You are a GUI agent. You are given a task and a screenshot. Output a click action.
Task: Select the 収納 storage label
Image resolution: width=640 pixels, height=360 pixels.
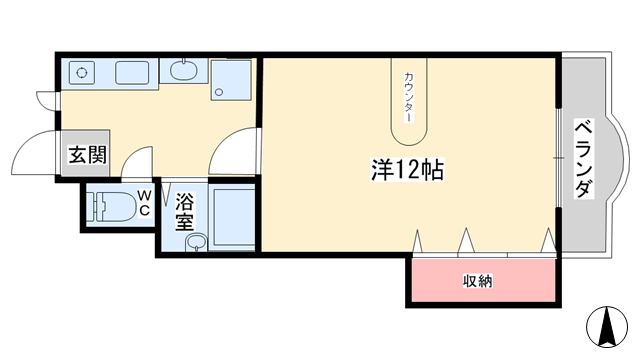(x=477, y=281)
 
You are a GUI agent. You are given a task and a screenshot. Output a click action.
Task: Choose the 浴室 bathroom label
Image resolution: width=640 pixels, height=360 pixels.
(x=185, y=213)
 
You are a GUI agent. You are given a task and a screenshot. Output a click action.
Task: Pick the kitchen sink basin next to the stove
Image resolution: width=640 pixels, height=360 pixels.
(x=132, y=73)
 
